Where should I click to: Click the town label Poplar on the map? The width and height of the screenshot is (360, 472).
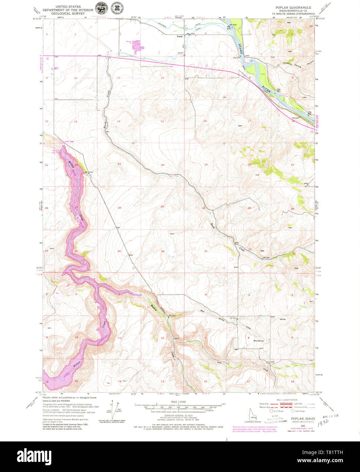180,36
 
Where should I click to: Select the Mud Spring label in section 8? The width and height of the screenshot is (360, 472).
258,341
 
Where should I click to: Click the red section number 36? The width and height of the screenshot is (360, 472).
163,251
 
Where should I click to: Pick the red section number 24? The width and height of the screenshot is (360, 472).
162,165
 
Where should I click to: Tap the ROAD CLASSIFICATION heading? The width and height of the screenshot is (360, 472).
287,400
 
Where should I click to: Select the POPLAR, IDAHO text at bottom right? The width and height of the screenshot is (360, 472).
303,419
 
